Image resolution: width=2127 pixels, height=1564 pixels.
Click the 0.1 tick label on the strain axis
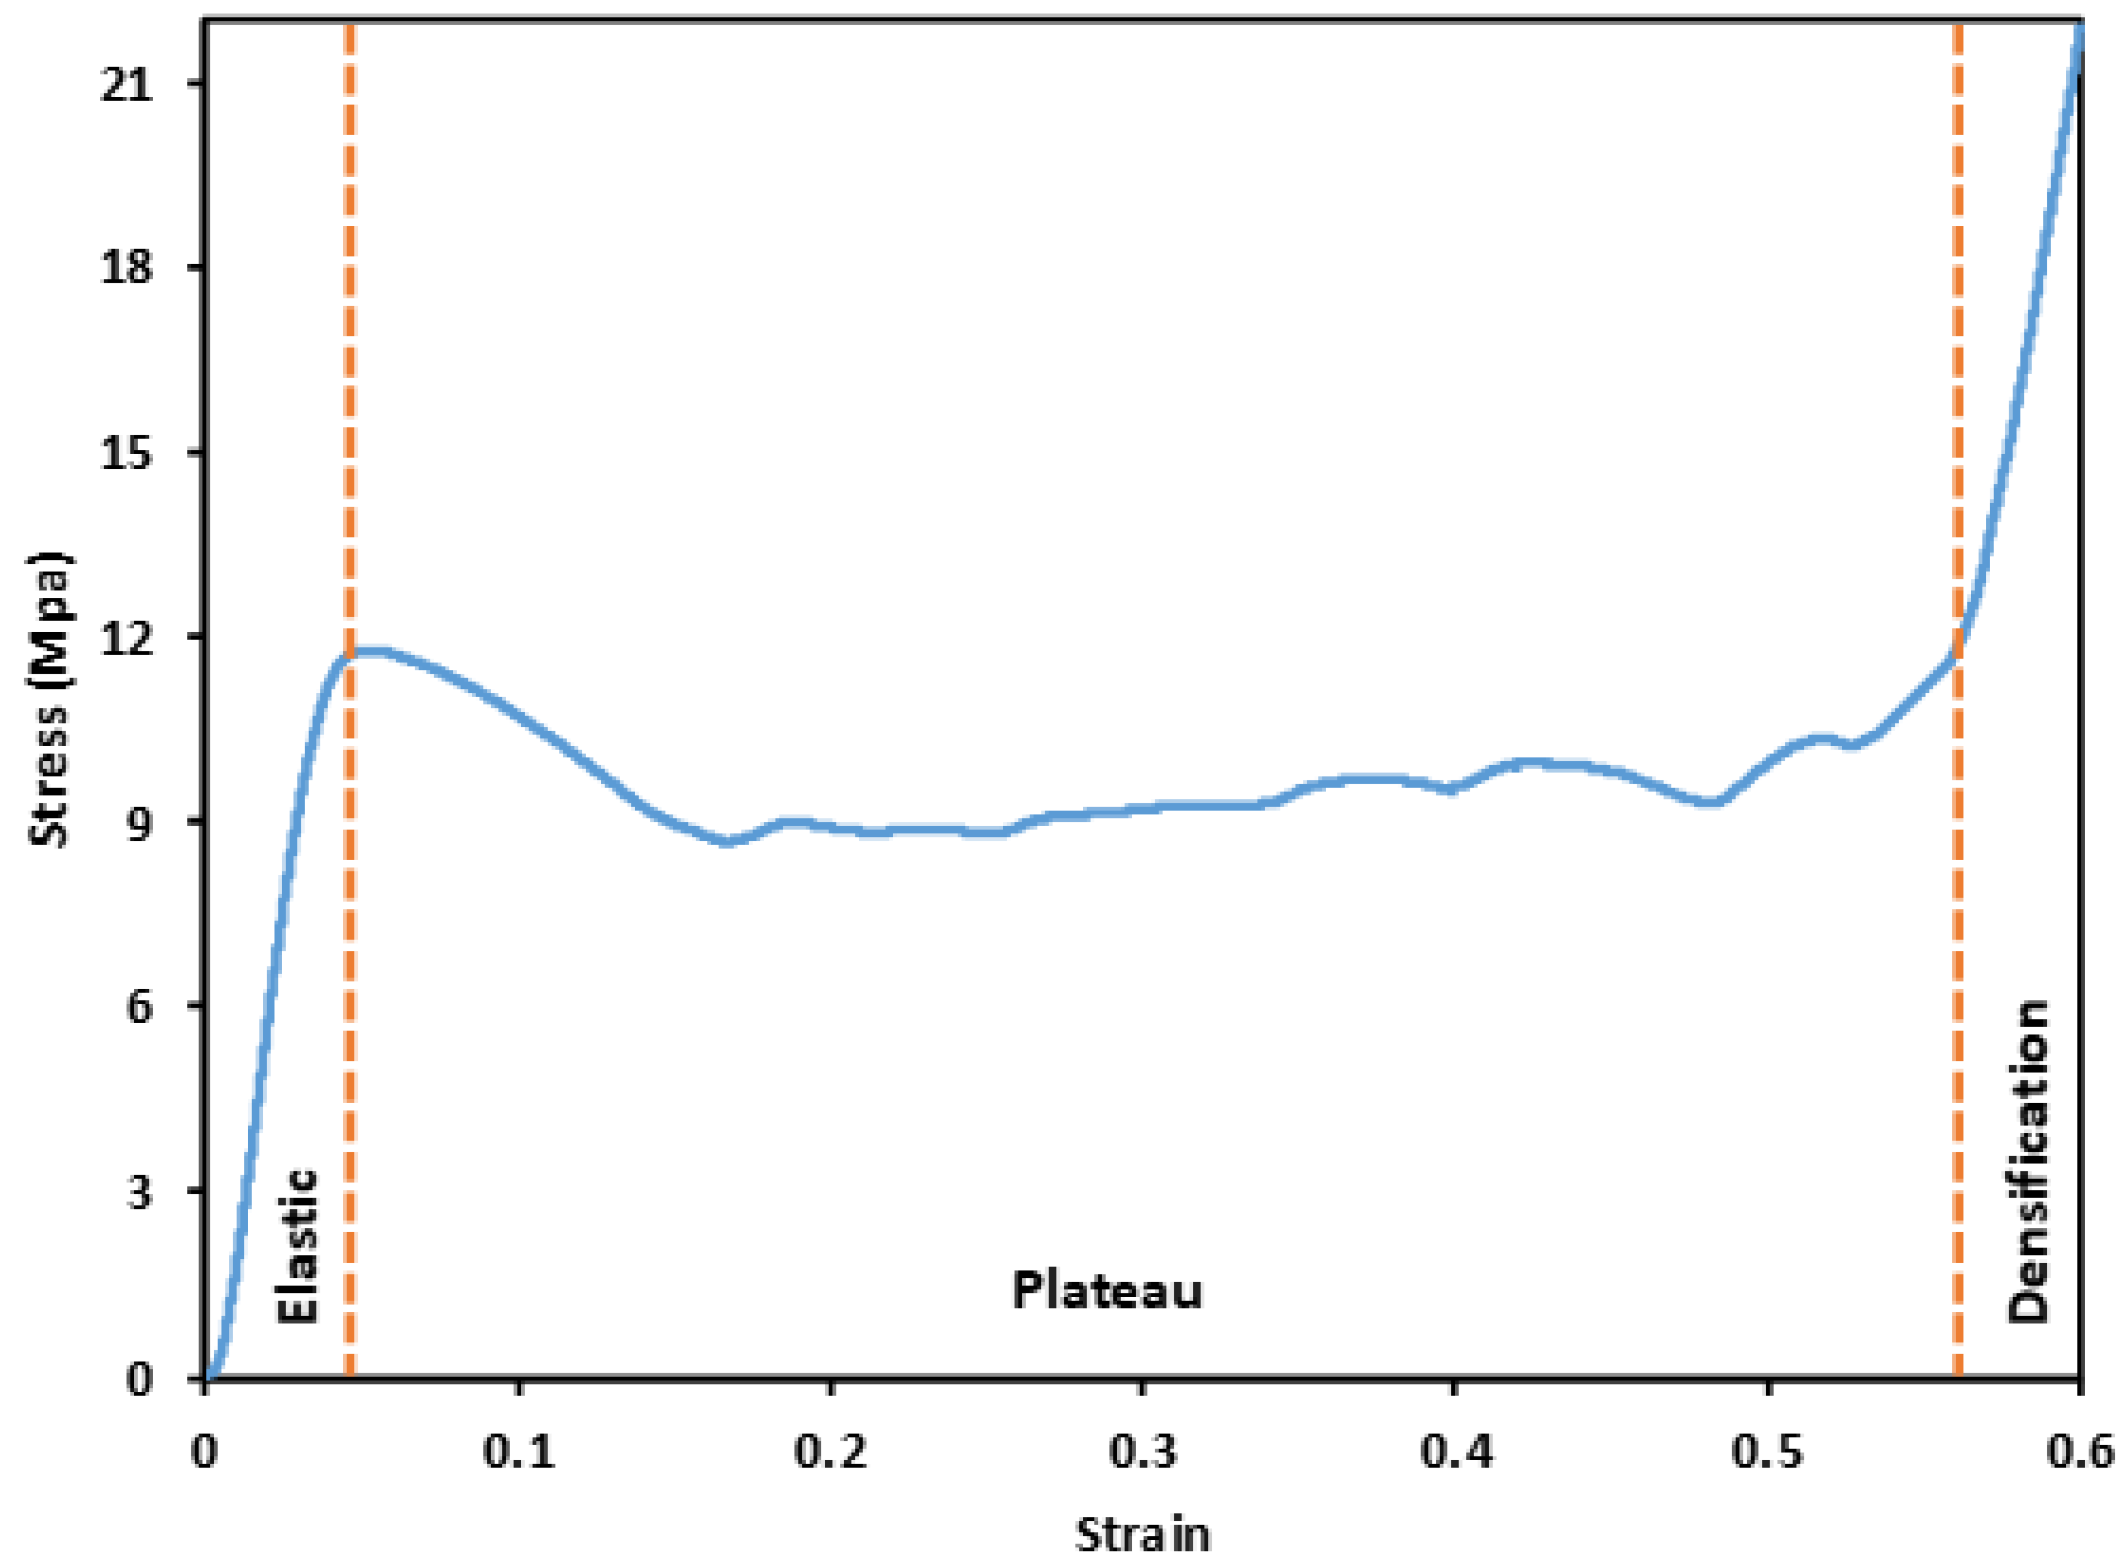[x=519, y=1450]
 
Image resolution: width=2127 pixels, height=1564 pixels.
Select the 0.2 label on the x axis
[x=830, y=1450]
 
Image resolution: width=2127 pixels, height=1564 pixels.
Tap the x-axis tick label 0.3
[x=1143, y=1450]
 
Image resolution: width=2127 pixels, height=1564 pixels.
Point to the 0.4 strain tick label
[x=1455, y=1450]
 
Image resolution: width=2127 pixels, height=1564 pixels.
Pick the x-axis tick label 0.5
[x=1768, y=1450]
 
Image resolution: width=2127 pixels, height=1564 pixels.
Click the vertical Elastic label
[x=297, y=1246]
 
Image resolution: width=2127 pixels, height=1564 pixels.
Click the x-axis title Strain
[x=1143, y=1534]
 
